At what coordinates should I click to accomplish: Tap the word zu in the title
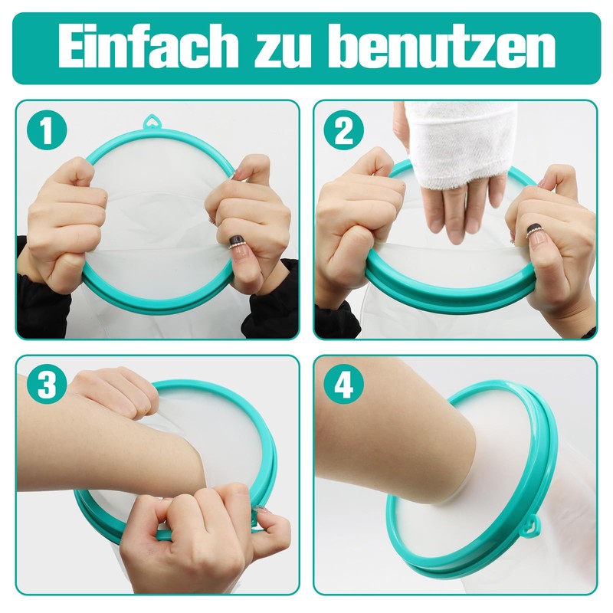(x=293, y=48)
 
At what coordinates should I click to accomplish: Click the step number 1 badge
(x=47, y=131)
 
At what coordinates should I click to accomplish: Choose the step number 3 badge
(x=47, y=385)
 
